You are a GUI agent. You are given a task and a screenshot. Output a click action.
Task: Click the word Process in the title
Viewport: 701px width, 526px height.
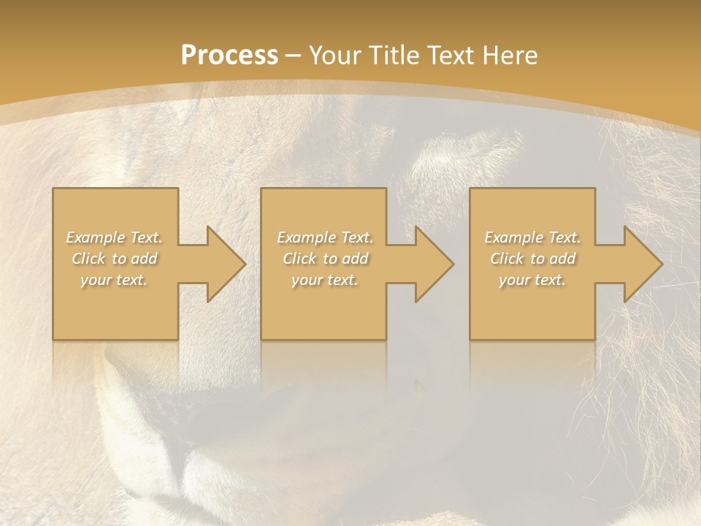tap(229, 56)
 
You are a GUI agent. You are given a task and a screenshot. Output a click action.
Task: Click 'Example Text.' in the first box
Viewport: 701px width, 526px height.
tap(115, 237)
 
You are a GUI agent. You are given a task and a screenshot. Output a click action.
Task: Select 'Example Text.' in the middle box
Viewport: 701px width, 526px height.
tap(325, 237)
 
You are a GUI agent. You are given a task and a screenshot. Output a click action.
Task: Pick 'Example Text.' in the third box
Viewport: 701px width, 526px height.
tap(532, 237)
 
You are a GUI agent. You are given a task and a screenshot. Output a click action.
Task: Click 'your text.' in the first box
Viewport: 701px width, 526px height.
tap(115, 280)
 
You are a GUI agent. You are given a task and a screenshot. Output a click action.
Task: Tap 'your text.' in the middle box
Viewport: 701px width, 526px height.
tap(325, 280)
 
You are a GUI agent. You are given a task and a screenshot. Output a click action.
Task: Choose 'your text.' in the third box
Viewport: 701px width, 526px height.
tap(532, 280)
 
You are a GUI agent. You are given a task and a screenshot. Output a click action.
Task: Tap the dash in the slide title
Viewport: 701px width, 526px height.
tap(293, 56)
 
